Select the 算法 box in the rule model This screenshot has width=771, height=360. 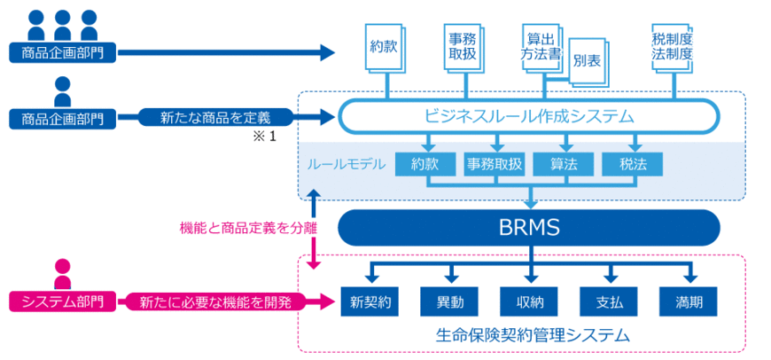tap(565, 164)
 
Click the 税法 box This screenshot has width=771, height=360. tap(633, 164)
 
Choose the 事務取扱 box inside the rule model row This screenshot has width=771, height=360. tap(495, 164)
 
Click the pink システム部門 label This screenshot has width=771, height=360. tap(62, 301)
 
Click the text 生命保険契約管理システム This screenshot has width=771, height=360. tap(533, 335)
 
